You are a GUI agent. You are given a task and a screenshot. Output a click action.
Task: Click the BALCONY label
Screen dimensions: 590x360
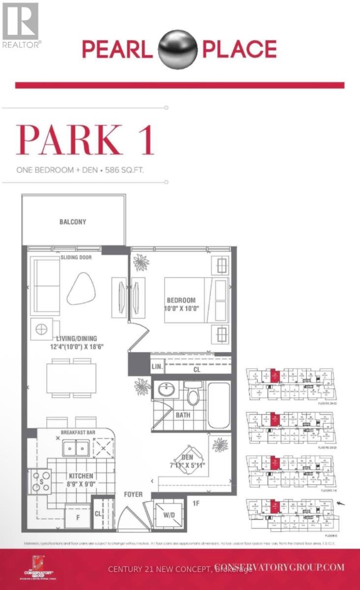73,222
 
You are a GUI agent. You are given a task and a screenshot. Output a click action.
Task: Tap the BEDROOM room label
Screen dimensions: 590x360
181,300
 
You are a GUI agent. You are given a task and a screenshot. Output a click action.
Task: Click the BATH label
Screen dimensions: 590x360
183,415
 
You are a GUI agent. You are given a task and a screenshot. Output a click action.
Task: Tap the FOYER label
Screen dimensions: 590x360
133,494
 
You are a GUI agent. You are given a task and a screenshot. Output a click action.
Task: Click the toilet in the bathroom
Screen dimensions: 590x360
193,393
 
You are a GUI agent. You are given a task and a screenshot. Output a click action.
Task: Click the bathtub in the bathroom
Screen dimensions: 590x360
218,406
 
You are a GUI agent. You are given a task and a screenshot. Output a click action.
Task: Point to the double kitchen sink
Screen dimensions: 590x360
75,447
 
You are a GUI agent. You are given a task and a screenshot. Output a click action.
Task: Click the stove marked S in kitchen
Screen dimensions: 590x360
41,481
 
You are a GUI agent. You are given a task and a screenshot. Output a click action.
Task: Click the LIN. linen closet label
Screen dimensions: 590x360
157,367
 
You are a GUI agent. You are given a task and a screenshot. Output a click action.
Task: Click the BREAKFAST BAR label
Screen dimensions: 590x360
78,433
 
